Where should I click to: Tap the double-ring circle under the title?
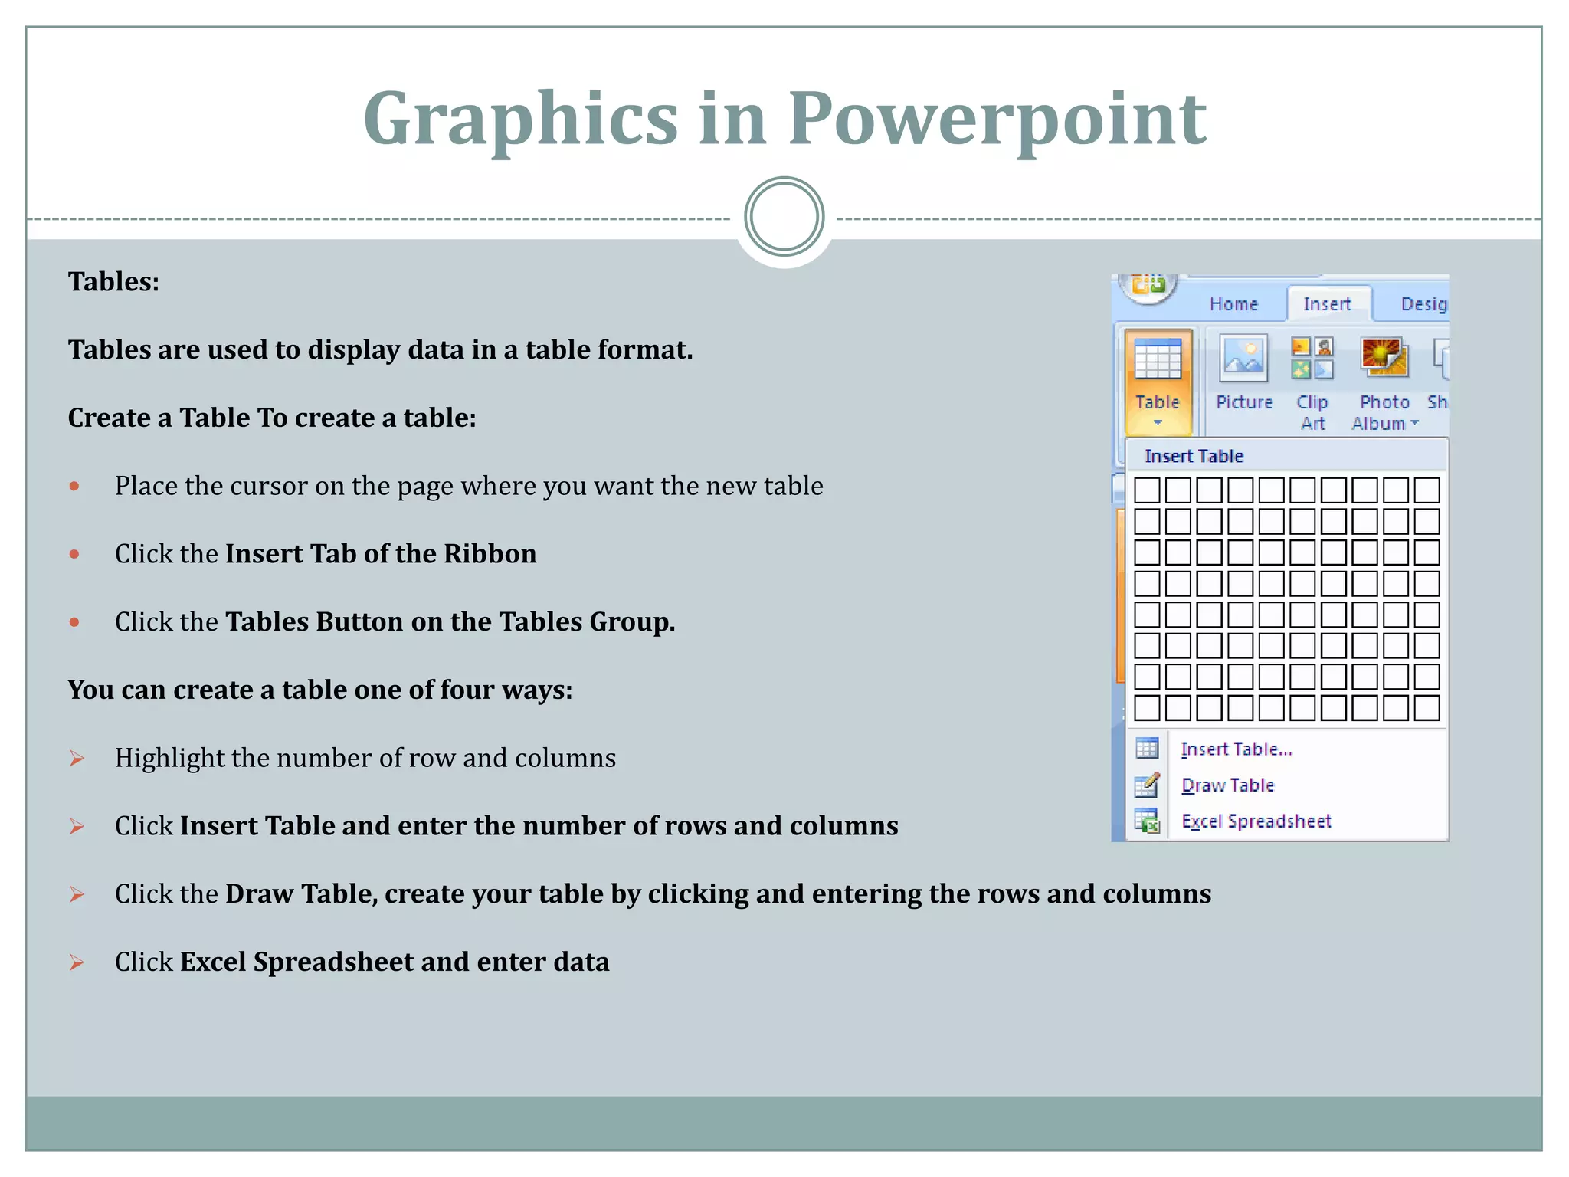coord(784,217)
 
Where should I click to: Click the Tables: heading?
coord(113,282)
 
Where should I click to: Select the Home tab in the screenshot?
coord(1233,304)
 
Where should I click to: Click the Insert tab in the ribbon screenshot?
coord(1327,304)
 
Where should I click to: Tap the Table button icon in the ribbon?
coord(1158,360)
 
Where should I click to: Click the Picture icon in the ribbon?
coord(1243,359)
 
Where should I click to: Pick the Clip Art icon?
coord(1312,359)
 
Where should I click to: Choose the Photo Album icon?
coord(1384,359)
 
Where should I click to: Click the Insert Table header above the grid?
coord(1194,456)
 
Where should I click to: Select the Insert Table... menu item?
coord(1236,749)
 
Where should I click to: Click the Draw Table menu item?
coord(1227,785)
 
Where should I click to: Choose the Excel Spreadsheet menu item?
coord(1256,821)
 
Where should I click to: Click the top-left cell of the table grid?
coord(1147,490)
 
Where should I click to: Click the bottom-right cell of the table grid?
coord(1427,708)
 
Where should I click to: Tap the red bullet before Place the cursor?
coord(74,487)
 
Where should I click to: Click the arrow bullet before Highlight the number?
coord(77,759)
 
